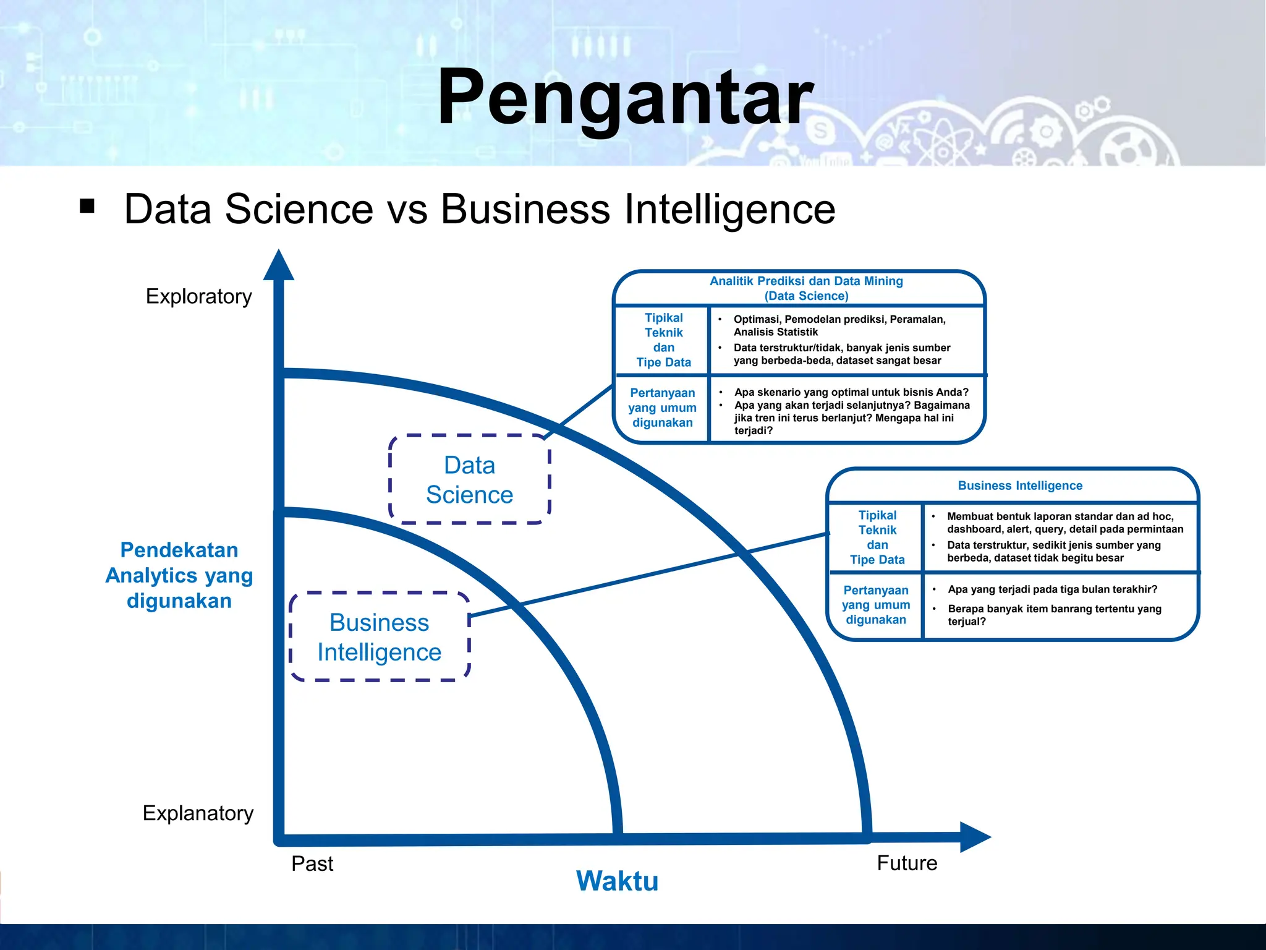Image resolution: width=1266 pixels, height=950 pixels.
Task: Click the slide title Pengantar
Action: pyautogui.click(x=625, y=98)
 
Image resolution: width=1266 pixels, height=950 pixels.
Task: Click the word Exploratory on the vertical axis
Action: pyautogui.click(x=198, y=296)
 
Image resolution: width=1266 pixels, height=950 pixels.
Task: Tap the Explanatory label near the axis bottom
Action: pyautogui.click(x=198, y=813)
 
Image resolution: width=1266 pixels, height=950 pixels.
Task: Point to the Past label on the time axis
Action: pyautogui.click(x=312, y=863)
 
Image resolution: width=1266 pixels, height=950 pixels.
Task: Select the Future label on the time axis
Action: pyautogui.click(x=907, y=863)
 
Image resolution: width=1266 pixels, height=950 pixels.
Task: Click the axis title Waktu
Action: pyautogui.click(x=617, y=881)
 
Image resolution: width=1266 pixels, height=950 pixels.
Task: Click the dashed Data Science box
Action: pyautogui.click(x=469, y=479)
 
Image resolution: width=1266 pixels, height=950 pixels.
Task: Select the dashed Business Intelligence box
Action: pyautogui.click(x=379, y=637)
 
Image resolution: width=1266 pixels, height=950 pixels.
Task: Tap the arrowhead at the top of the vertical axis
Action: pyautogui.click(x=279, y=266)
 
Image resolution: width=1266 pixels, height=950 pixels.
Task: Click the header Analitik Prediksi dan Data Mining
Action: pyautogui.click(x=806, y=281)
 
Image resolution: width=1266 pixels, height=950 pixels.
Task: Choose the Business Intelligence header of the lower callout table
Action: pyautogui.click(x=1020, y=486)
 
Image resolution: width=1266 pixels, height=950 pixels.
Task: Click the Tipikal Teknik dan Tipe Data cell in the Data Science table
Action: pyautogui.click(x=663, y=340)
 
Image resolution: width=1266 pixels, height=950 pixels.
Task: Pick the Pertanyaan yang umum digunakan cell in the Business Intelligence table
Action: pyautogui.click(x=876, y=605)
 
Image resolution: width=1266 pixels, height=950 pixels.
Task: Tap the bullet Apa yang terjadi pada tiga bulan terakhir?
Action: pyautogui.click(x=1052, y=589)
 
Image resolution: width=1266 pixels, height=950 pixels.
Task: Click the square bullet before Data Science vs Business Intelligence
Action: pyautogui.click(x=87, y=206)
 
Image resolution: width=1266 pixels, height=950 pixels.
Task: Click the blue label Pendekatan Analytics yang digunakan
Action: pyautogui.click(x=179, y=575)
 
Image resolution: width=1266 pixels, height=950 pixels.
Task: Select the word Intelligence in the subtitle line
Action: pyautogui.click(x=729, y=209)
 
